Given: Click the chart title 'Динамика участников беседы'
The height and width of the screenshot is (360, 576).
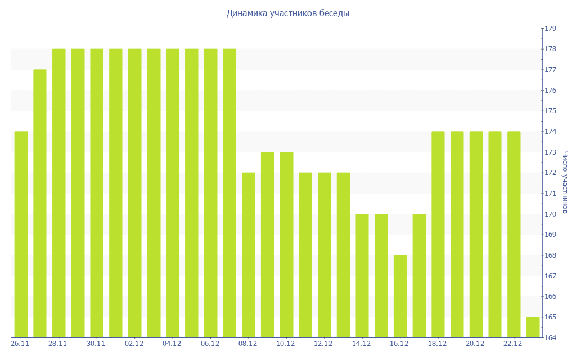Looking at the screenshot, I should pyautogui.click(x=287, y=13).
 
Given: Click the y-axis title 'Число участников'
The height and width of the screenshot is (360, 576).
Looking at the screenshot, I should pyautogui.click(x=565, y=182).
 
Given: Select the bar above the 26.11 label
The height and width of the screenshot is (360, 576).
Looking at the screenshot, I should pyautogui.click(x=21, y=234).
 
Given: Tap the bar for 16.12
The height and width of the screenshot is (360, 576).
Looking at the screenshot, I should pyautogui.click(x=400, y=296).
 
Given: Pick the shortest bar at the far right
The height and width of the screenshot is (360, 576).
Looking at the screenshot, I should pyautogui.click(x=533, y=327).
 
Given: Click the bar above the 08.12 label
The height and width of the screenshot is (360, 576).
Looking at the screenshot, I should pyautogui.click(x=248, y=255).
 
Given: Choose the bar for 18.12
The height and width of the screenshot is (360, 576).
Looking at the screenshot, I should pyautogui.click(x=438, y=234).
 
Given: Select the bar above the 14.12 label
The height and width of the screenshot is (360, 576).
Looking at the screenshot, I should pyautogui.click(x=362, y=276).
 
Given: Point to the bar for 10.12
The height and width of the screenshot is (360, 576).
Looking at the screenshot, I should pyautogui.click(x=286, y=245).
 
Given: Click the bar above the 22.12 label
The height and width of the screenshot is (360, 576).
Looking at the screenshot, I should pyautogui.click(x=514, y=234).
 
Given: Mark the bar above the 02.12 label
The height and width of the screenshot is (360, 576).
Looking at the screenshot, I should pyautogui.click(x=134, y=193).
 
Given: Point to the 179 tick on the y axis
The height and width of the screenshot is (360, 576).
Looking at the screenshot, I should pyautogui.click(x=550, y=29).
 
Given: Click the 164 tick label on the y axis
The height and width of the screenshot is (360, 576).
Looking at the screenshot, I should pyautogui.click(x=550, y=337).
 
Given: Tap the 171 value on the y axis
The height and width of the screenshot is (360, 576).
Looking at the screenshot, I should pyautogui.click(x=550, y=193).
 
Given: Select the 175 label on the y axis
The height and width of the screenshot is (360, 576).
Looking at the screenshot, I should pyautogui.click(x=550, y=111).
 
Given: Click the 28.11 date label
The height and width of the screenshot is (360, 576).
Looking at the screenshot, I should pyautogui.click(x=58, y=344).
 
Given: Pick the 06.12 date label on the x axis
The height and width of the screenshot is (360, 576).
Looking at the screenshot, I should pyautogui.click(x=210, y=344).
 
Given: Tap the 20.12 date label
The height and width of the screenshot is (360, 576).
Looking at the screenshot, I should pyautogui.click(x=475, y=344).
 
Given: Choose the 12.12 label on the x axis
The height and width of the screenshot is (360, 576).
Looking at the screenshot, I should pyautogui.click(x=323, y=344).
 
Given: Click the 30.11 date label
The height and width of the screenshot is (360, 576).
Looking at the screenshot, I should pyautogui.click(x=96, y=344).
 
